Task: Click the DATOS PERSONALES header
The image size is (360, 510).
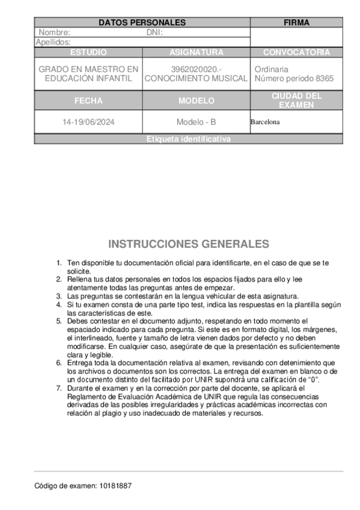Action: point(142,23)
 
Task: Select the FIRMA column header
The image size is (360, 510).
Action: point(296,23)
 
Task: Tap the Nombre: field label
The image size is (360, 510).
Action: point(55,32)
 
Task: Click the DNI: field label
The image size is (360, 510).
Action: point(154,32)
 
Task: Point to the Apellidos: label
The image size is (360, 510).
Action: point(53,42)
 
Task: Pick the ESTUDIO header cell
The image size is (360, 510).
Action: point(88,52)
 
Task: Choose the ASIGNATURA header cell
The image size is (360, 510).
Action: point(196,52)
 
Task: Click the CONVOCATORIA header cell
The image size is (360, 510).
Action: point(296,52)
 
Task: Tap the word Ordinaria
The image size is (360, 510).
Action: point(271,69)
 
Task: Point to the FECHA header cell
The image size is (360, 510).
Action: point(88,100)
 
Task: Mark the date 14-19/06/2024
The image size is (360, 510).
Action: point(88,122)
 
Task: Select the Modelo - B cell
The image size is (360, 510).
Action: point(196,122)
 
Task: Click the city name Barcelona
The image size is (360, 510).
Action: point(265,122)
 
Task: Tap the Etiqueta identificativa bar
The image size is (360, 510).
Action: point(188,139)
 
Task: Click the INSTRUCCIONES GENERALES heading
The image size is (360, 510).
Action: point(188,244)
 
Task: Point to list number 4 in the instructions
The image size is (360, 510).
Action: point(59,305)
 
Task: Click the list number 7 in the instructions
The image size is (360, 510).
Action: point(59,389)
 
